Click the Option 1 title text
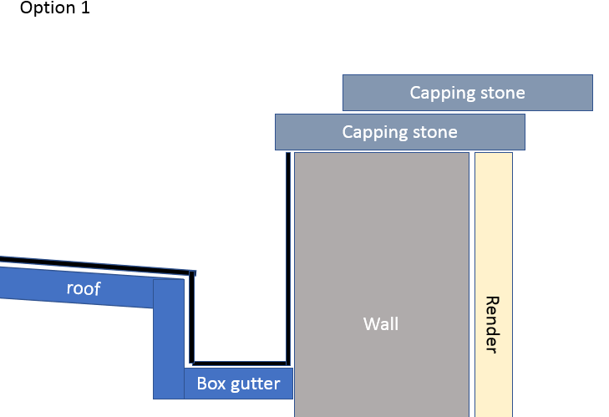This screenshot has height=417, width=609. (54, 9)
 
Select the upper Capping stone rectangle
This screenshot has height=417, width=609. (467, 93)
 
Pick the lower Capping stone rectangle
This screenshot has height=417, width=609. (399, 132)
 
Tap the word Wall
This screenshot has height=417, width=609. (381, 323)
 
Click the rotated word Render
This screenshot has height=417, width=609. (492, 324)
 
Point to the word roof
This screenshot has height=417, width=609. (84, 289)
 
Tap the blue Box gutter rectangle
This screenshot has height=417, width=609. (238, 384)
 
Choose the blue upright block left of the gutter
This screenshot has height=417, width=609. (168, 343)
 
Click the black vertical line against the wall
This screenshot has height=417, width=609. (288, 251)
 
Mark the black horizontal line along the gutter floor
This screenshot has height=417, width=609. (241, 364)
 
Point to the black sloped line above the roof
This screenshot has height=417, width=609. (92, 266)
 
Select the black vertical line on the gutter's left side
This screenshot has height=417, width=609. (191, 318)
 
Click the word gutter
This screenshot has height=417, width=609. (258, 384)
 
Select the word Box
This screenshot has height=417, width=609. (211, 384)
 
